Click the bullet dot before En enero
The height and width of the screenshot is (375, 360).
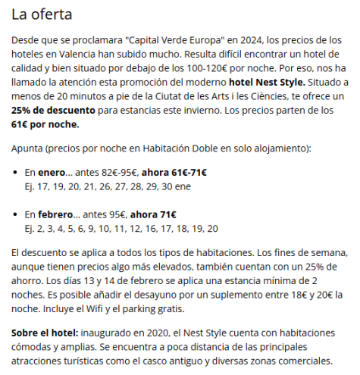pyautogui.click(x=16, y=173)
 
